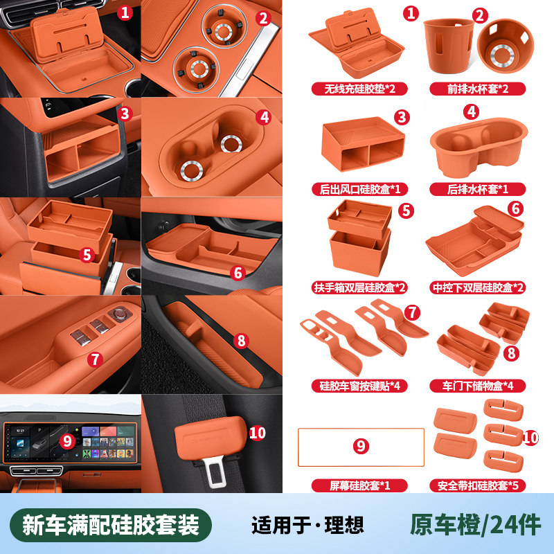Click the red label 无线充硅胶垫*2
click(359, 89)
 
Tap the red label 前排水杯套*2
click(477, 89)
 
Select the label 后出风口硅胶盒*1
click(359, 189)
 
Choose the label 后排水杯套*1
click(477, 189)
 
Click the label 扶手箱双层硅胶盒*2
click(359, 287)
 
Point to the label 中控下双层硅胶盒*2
click(477, 287)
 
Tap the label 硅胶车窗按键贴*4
click(359, 386)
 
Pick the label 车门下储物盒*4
click(477, 386)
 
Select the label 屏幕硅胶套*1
click(359, 485)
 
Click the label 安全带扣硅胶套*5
click(477, 485)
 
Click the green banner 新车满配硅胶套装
click(111, 525)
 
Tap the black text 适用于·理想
click(307, 526)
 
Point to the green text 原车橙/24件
click(476, 526)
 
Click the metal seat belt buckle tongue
click(214, 472)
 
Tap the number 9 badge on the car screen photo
click(67, 441)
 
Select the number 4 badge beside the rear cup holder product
click(472, 112)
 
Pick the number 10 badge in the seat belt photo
click(257, 434)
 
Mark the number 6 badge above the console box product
click(515, 209)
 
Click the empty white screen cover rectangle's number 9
click(361, 446)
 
